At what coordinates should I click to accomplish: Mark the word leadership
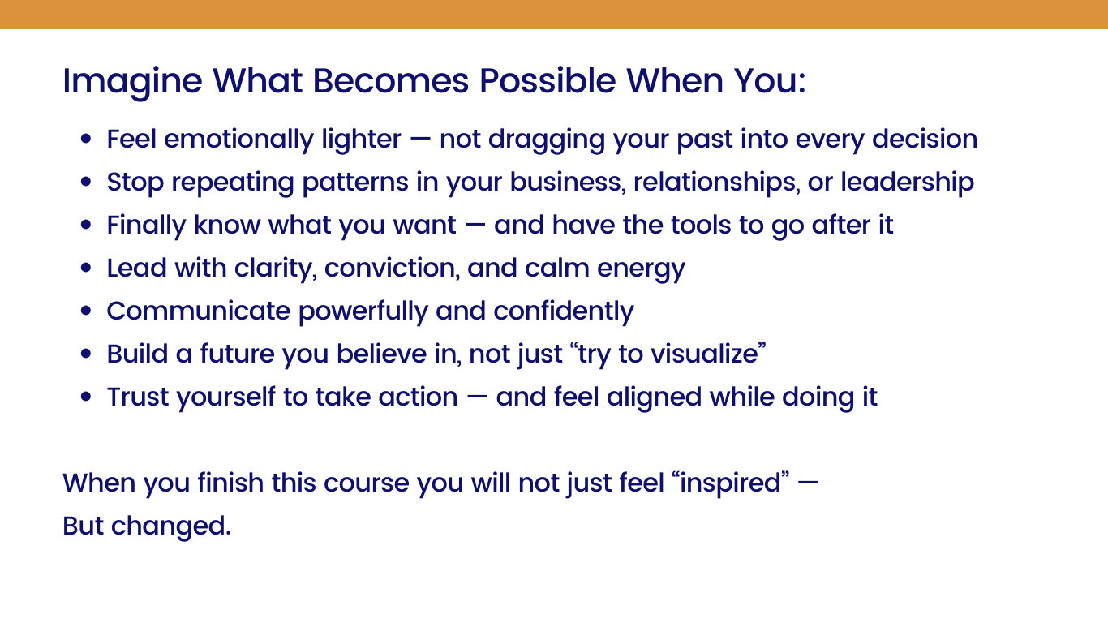coord(907,183)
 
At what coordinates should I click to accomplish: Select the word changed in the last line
coord(170,526)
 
